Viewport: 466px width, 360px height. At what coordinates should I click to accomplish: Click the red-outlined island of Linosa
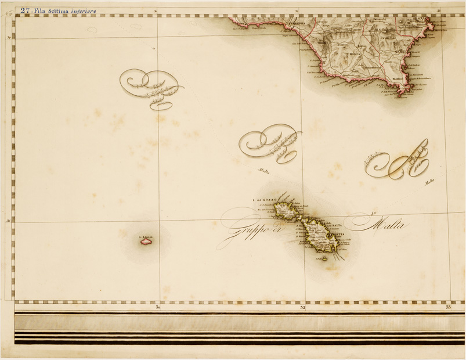click(145, 243)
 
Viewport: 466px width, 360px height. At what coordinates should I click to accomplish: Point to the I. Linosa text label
click(146, 236)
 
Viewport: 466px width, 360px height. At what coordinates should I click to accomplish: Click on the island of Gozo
click(286, 210)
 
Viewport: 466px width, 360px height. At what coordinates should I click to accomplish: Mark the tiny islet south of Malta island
click(324, 258)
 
